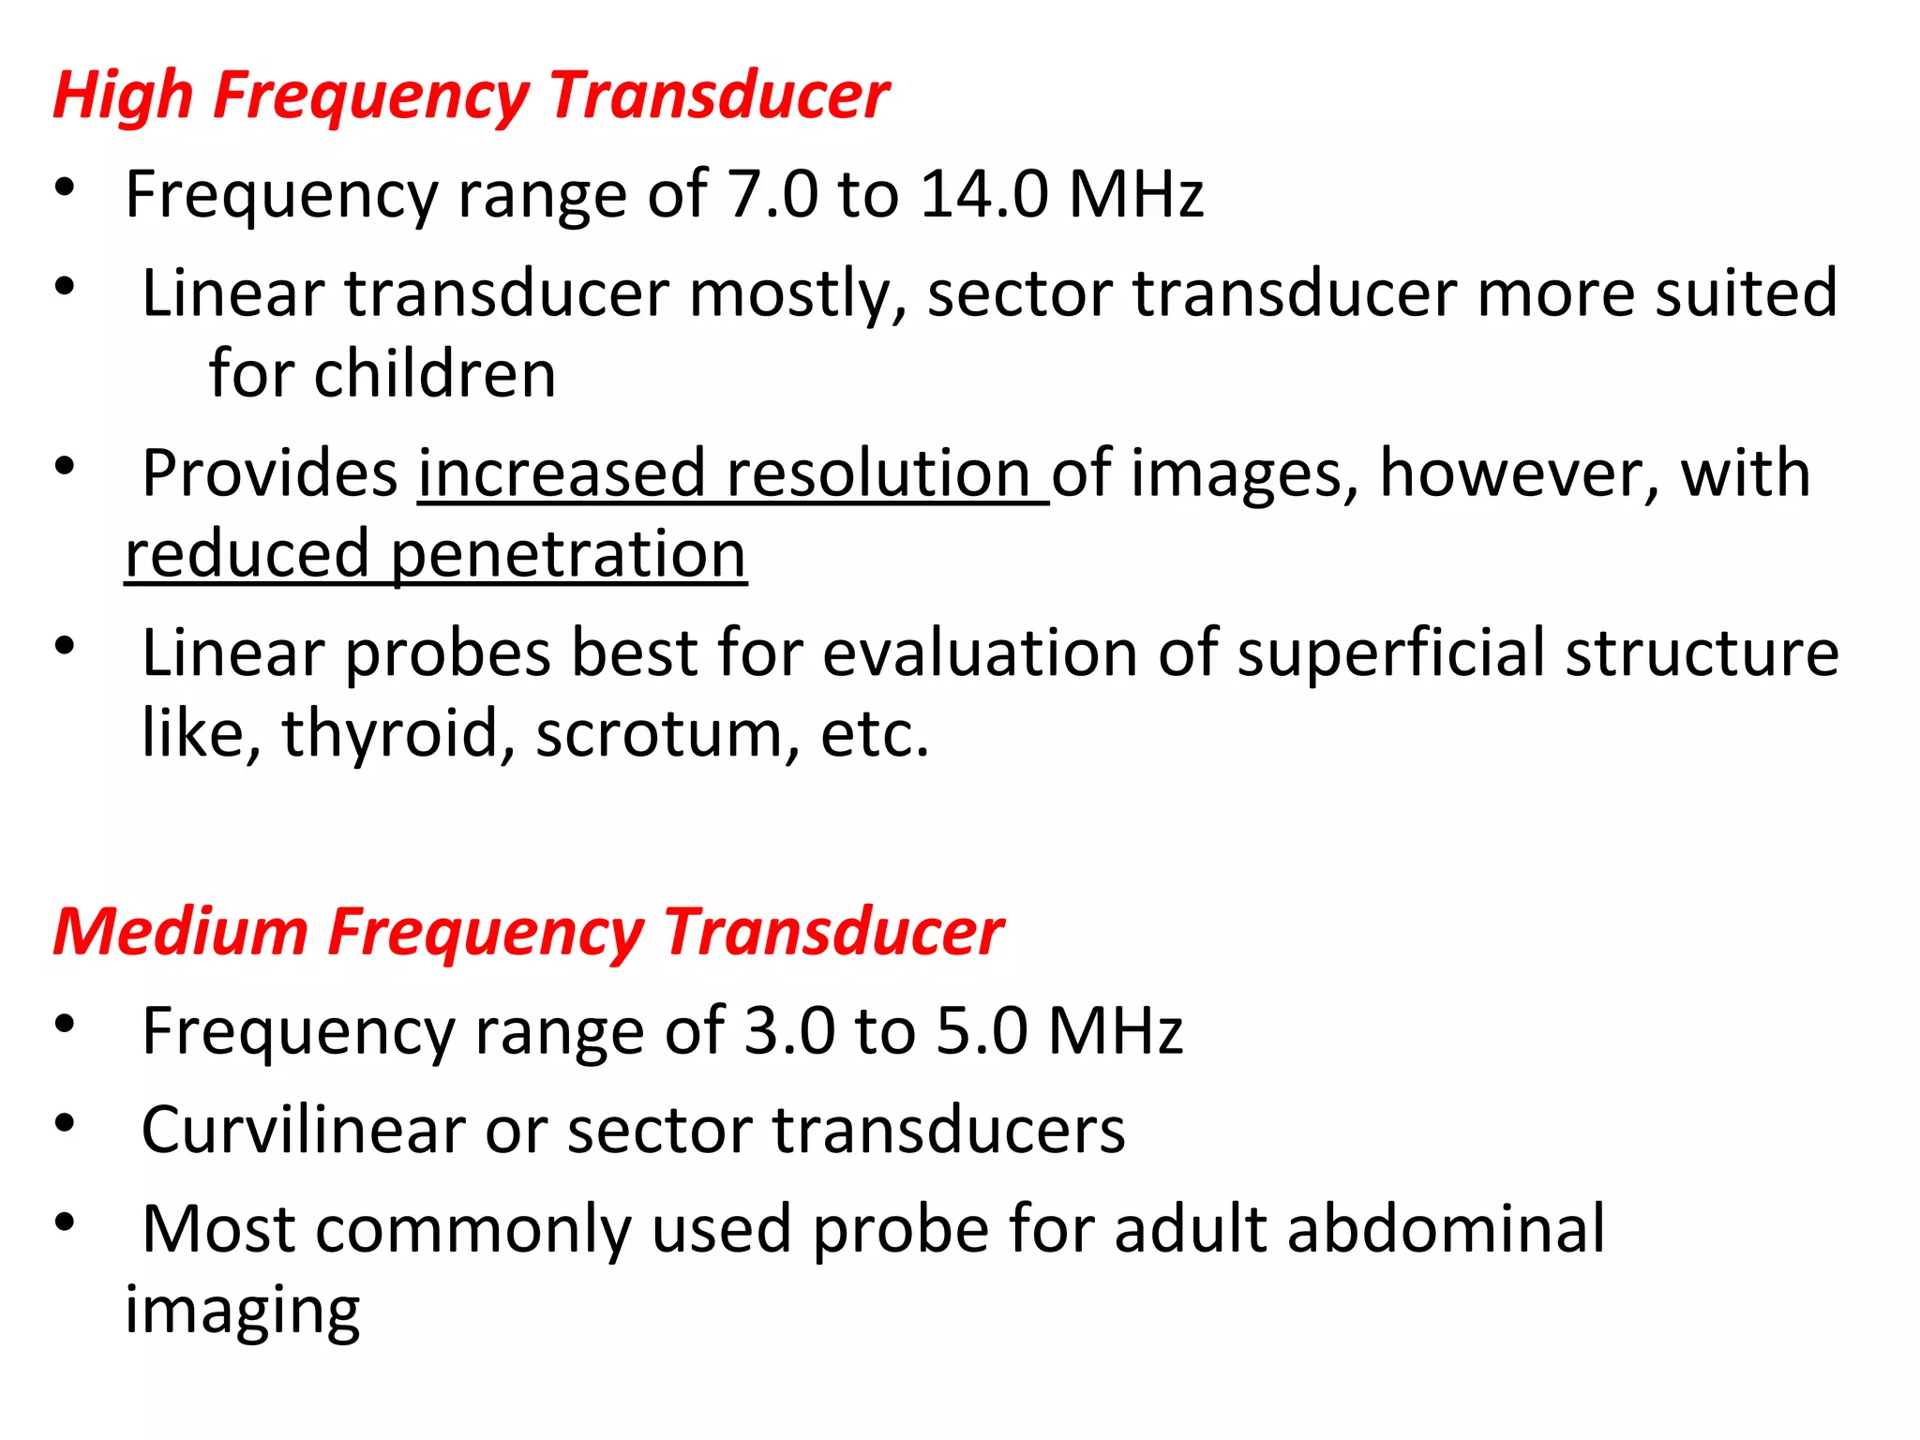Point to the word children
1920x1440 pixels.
click(435, 373)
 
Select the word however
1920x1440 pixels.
click(1518, 472)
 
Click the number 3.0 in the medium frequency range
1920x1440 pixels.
click(788, 1031)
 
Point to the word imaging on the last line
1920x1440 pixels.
click(243, 1311)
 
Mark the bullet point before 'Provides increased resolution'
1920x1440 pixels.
click(64, 466)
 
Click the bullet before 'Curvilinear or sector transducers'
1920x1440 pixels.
click(64, 1122)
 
